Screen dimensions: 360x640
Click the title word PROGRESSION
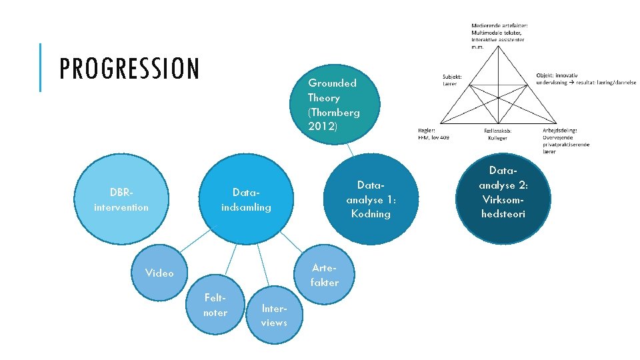tap(129, 69)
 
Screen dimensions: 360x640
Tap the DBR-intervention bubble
tap(121, 200)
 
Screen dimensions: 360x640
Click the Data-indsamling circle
tap(247, 200)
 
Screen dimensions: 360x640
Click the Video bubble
tap(160, 273)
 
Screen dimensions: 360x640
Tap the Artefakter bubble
tap(324, 276)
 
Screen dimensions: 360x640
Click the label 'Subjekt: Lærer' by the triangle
tap(452, 80)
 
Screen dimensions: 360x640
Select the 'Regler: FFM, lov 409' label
tap(433, 133)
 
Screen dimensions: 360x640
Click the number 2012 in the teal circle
tap(323, 126)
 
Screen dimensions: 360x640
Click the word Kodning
tap(371, 213)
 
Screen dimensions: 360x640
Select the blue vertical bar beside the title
tap(41, 67)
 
